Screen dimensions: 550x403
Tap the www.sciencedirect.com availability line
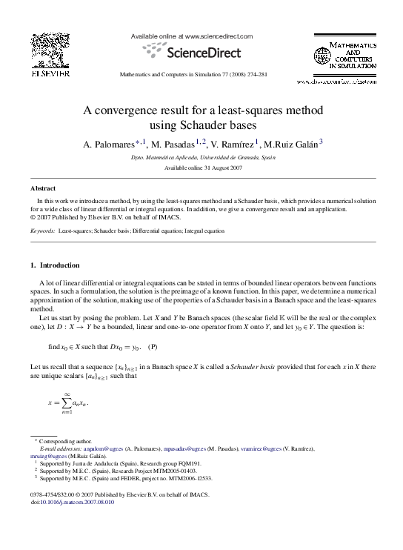(191, 36)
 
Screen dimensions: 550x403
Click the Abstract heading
(42, 189)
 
